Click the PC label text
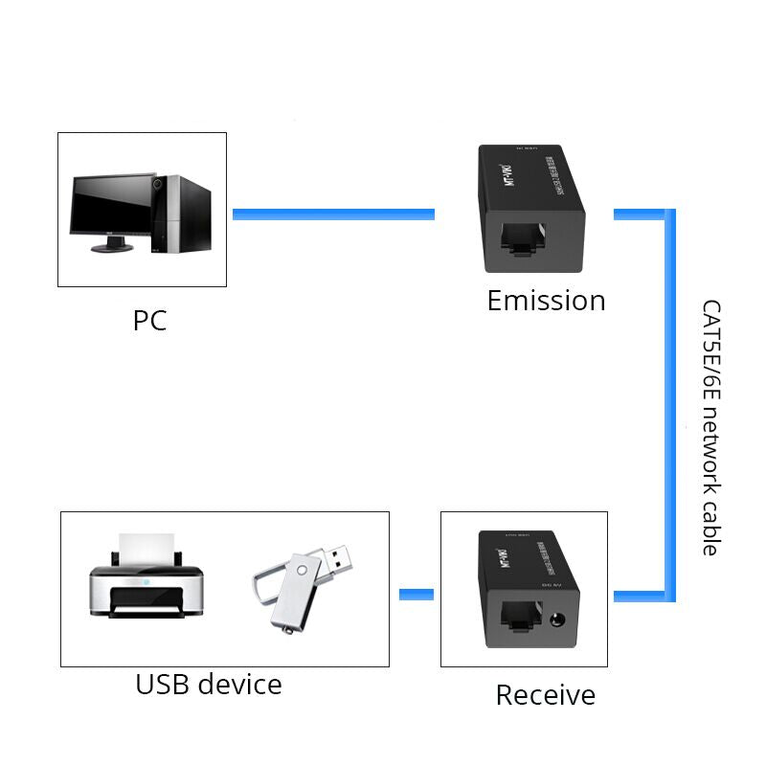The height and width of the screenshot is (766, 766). click(149, 320)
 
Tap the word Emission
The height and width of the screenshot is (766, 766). click(546, 301)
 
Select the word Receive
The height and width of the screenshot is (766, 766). click(545, 695)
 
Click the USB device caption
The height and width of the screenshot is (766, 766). click(209, 685)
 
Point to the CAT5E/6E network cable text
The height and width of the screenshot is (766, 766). click(710, 428)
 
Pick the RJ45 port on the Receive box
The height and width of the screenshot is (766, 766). click(517, 614)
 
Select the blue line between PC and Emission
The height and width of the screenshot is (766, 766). click(333, 214)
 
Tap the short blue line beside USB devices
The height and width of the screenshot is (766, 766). click(417, 596)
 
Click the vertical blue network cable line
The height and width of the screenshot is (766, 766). click(670, 402)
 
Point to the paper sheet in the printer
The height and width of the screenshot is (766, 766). click(146, 550)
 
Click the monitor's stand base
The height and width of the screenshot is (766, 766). click(112, 247)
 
